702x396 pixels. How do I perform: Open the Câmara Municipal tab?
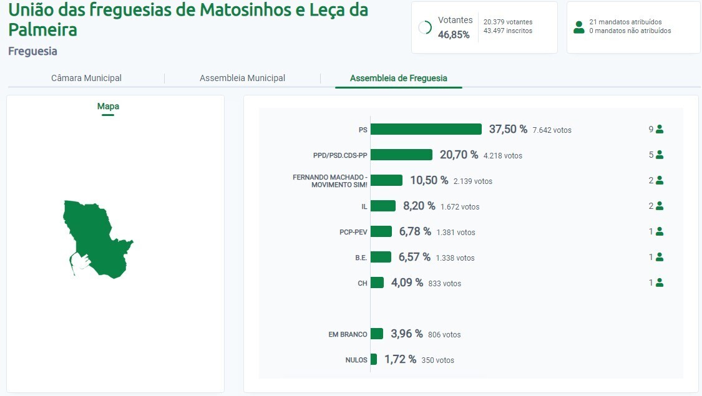point(86,78)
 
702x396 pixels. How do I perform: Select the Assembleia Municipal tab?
point(242,78)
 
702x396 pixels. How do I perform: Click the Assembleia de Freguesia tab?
point(398,78)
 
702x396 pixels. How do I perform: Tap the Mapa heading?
point(108,106)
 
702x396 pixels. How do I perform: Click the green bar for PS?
point(426,129)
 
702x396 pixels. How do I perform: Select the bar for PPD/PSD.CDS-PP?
point(401,155)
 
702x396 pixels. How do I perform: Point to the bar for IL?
point(383,206)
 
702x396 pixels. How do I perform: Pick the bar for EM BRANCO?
point(377,334)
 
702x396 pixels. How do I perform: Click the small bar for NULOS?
point(374,359)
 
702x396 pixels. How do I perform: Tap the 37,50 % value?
point(508,129)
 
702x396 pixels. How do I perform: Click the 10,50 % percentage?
point(429,180)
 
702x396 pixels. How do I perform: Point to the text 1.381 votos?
point(456,232)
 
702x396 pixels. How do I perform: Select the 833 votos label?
point(444,283)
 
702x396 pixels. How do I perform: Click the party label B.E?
point(361,258)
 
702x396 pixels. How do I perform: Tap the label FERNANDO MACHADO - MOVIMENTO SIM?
point(330,181)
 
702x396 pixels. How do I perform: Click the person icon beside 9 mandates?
point(660,130)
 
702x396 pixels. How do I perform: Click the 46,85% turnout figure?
point(454,34)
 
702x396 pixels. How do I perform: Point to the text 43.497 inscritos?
point(508,31)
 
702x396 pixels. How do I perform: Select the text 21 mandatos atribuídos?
point(625,22)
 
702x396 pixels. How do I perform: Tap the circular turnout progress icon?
point(425,27)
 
